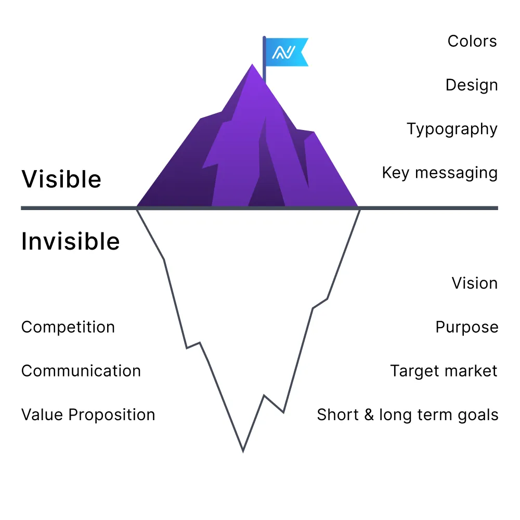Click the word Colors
coord(472,42)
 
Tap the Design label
coord(472,85)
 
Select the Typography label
coord(452,129)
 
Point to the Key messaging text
coord(439,173)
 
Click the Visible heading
coord(61,179)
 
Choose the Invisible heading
coord(71,242)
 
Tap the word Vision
coord(474,283)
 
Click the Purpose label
coord(466,328)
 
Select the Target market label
coord(444,371)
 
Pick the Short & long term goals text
coord(407,415)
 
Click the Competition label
coord(68,328)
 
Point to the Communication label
coord(81,371)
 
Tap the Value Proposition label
coord(88,415)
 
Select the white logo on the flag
coord(284,52)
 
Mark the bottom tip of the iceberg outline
coord(243,450)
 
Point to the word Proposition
coord(112,415)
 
